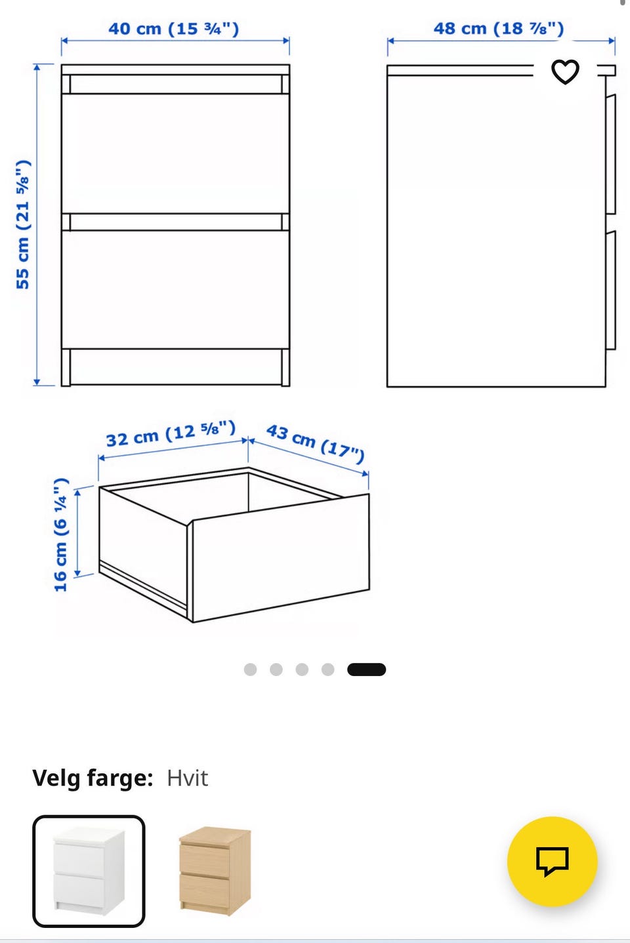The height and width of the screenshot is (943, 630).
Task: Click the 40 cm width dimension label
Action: coord(174,29)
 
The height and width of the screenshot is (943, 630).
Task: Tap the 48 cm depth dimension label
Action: coord(499,29)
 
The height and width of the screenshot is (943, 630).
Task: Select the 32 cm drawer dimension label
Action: coord(171,433)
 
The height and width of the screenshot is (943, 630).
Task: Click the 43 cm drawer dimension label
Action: coord(316,443)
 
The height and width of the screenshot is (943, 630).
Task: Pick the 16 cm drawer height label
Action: coord(61,534)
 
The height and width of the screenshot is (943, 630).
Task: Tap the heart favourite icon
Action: coord(565,71)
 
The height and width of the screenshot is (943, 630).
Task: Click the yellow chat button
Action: coord(552,861)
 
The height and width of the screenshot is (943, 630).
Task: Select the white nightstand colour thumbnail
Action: coord(89,871)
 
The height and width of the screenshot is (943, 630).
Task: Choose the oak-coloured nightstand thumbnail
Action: coord(215,871)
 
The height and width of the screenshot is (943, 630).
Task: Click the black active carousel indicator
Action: coord(366,670)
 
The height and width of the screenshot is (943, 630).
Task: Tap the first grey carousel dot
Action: coord(250,670)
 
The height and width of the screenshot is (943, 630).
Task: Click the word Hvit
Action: coord(187,778)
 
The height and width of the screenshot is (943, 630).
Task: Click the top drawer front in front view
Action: coord(175,153)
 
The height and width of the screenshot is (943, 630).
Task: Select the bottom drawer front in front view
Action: coord(175,289)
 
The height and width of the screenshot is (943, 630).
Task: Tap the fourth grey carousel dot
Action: coord(328,670)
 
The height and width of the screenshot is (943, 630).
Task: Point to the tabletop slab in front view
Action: coord(175,70)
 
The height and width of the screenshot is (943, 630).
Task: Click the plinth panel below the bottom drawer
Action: coord(176,367)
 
